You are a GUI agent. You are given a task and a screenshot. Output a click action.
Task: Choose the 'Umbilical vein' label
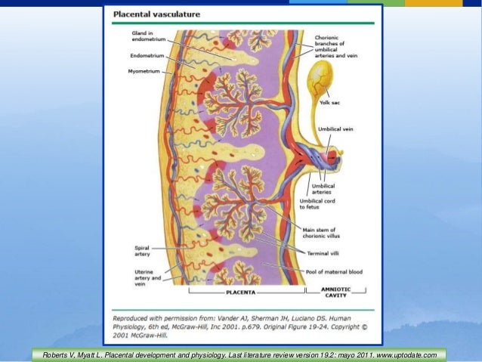click(336, 130)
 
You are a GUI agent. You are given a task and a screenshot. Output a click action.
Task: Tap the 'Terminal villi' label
click(326, 252)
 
